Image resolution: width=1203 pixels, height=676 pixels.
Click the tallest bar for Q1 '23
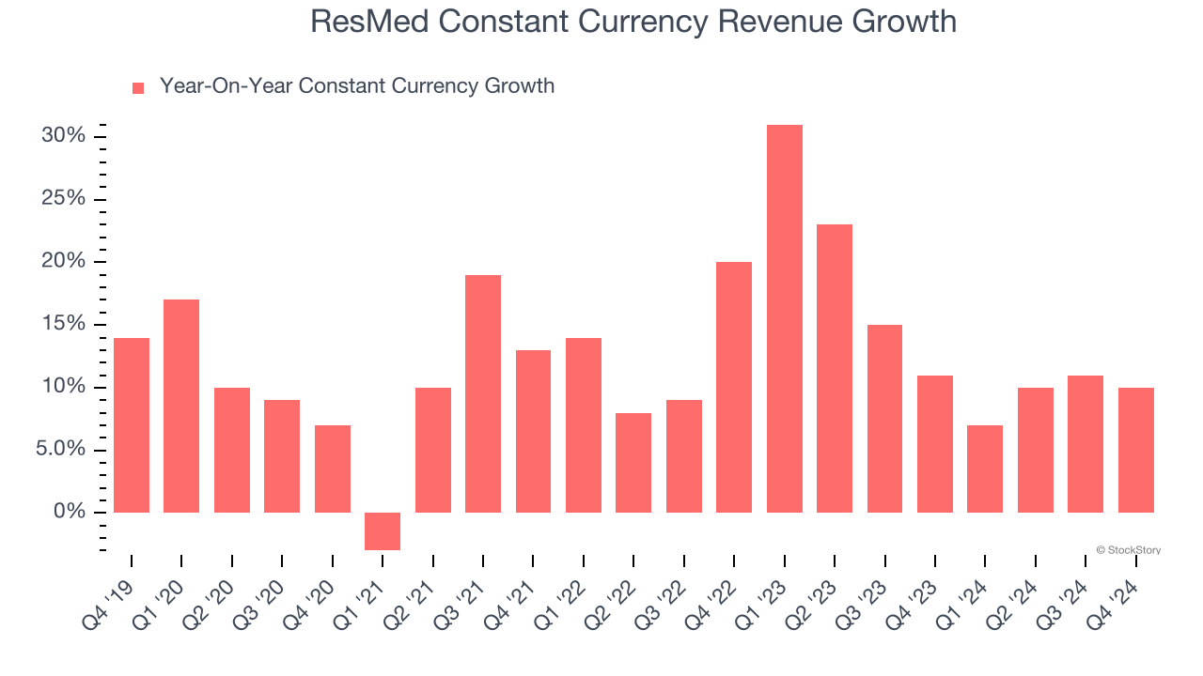pyautogui.click(x=784, y=318)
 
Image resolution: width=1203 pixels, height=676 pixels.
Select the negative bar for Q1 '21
pyautogui.click(x=383, y=530)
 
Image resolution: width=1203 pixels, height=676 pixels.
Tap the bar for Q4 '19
pyautogui.click(x=132, y=424)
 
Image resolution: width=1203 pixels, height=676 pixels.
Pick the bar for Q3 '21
pyautogui.click(x=483, y=393)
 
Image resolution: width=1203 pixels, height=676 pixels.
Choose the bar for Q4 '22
pyautogui.click(x=734, y=387)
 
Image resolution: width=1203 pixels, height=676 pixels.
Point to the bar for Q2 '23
pyautogui.click(x=835, y=368)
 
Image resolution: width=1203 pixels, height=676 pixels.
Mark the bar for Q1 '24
pyautogui.click(x=985, y=469)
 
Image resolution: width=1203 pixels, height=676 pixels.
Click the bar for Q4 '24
pyautogui.click(x=1135, y=450)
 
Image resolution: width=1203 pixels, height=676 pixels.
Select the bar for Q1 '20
pyautogui.click(x=181, y=406)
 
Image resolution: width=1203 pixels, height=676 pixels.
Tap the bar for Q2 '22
pyautogui.click(x=633, y=462)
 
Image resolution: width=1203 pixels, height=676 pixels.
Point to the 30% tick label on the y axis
pyautogui.click(x=64, y=136)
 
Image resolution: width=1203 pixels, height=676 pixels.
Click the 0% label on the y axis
pyautogui.click(x=70, y=513)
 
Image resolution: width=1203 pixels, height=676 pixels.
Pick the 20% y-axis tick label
pyautogui.click(x=64, y=262)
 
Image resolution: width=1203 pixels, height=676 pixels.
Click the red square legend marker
pyautogui.click(x=138, y=87)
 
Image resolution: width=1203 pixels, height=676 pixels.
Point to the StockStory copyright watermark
pyautogui.click(x=1128, y=550)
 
